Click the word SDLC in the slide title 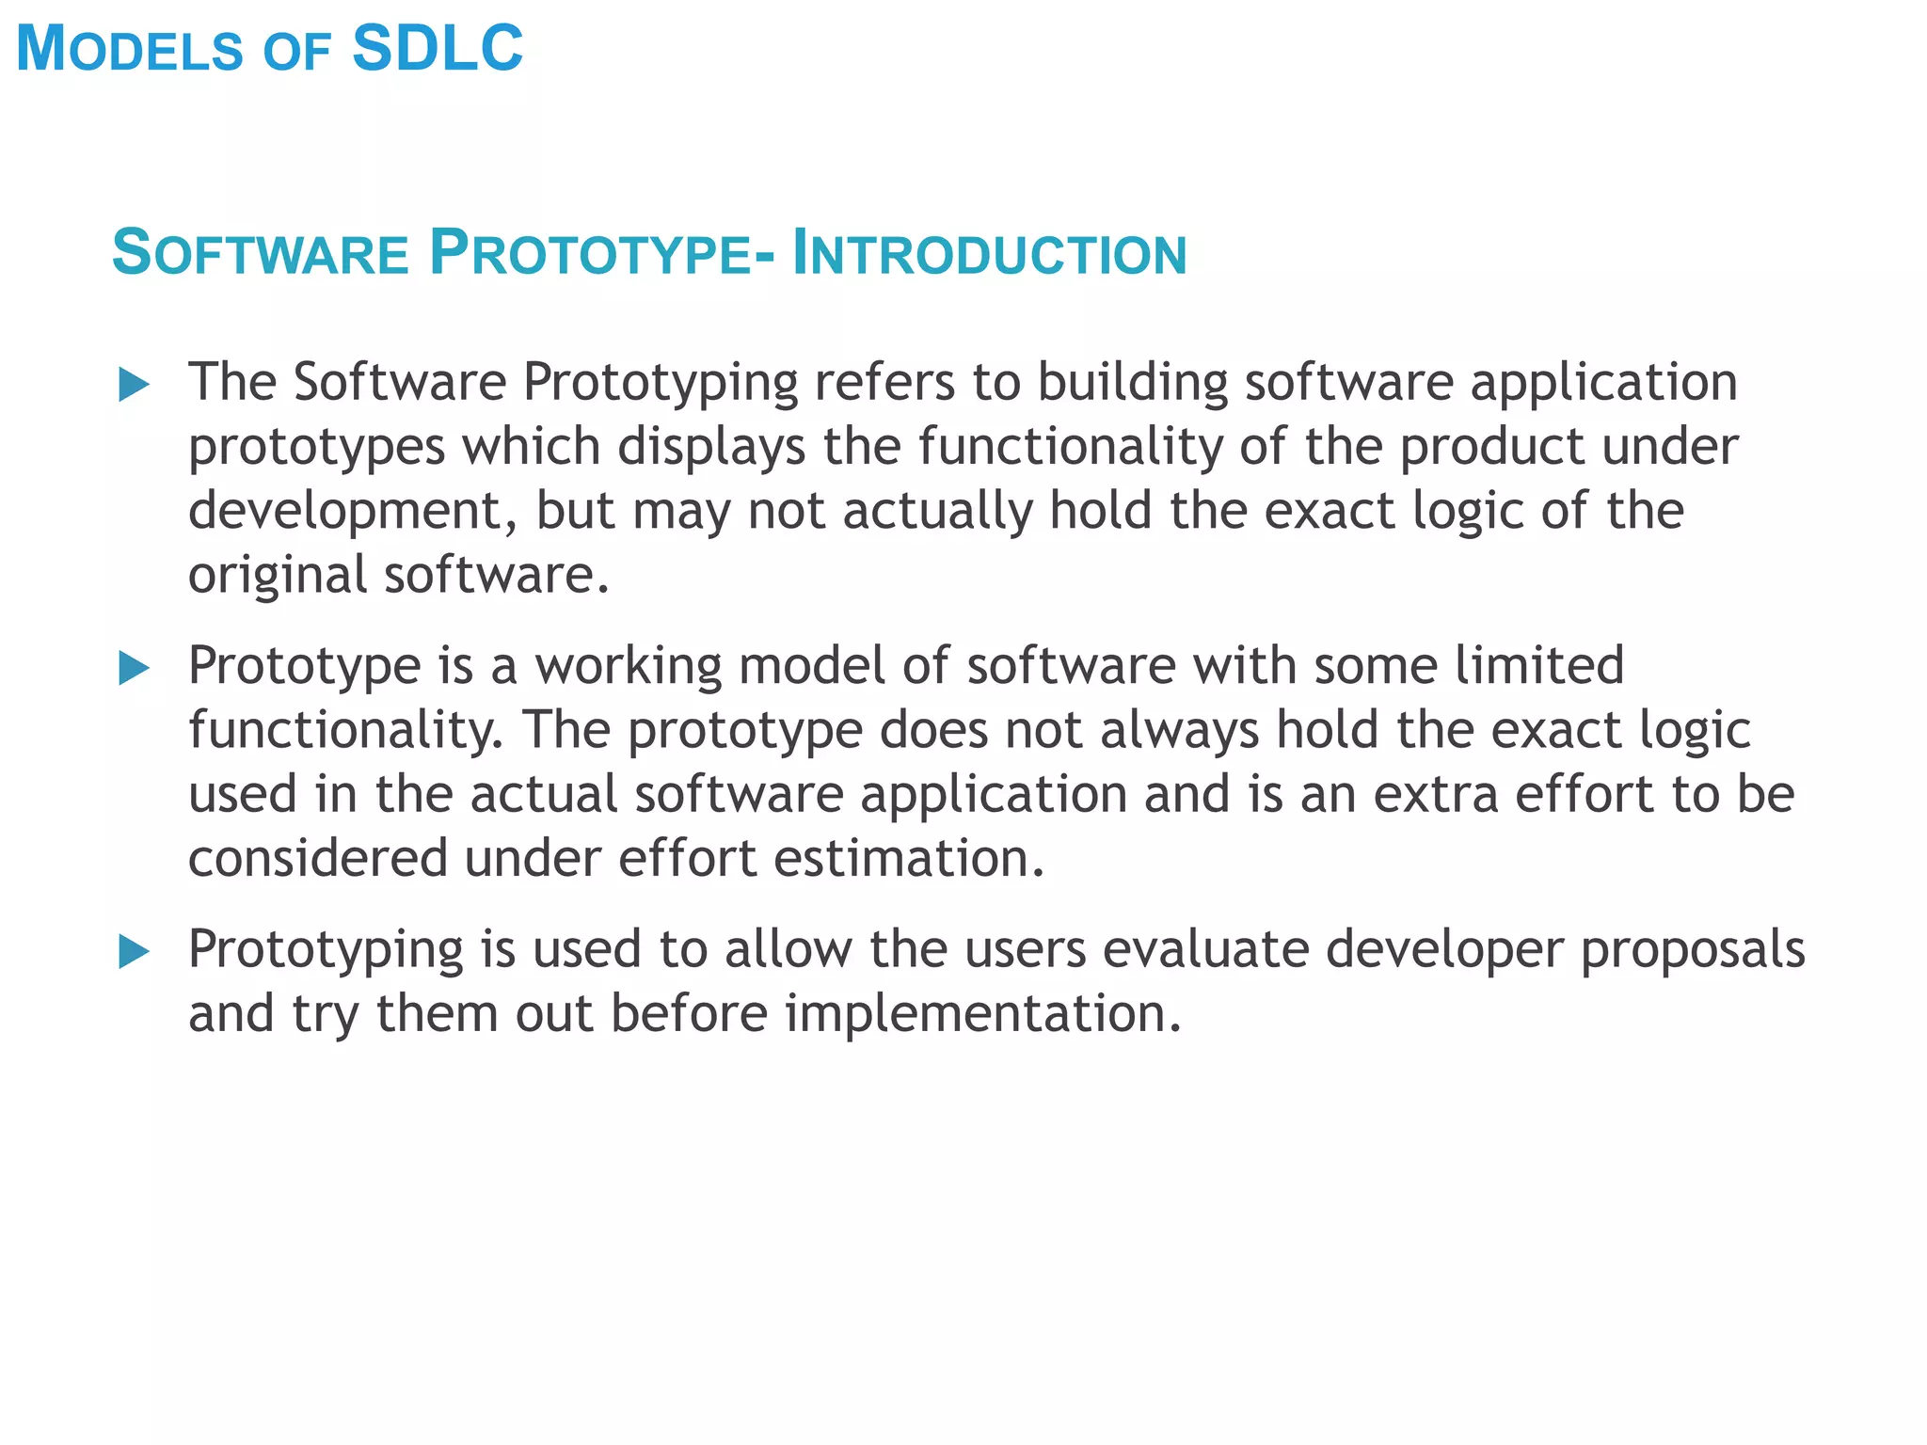tap(437, 48)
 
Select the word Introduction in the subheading tap(990, 253)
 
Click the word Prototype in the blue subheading tap(589, 253)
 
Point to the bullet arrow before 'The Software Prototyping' tap(135, 385)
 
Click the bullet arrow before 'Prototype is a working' tap(135, 669)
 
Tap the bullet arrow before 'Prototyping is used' tap(135, 952)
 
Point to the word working tap(629, 667)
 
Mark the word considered tap(318, 859)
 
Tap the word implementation tap(983, 1014)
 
